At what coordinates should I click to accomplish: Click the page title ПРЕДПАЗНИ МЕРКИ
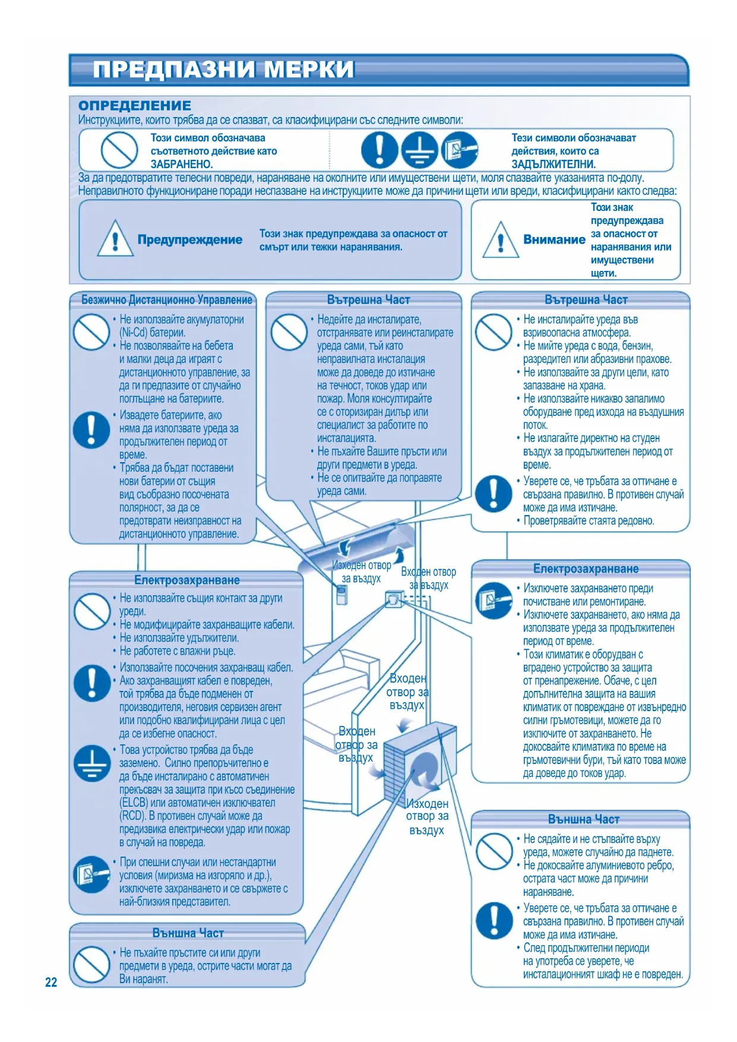point(223,70)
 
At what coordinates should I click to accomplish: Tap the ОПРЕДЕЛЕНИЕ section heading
point(135,106)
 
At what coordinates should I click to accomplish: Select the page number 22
point(51,982)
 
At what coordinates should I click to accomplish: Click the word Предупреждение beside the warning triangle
point(190,240)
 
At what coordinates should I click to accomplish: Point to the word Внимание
point(554,239)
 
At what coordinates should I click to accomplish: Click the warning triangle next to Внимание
point(501,240)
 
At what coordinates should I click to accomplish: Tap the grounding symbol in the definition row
point(419,150)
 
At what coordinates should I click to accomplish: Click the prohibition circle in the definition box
point(119,150)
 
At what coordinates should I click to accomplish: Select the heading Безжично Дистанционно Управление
point(167,300)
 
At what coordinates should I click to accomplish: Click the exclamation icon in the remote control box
point(91,430)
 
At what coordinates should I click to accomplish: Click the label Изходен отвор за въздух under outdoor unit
point(427,817)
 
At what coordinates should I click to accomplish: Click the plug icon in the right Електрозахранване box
point(494,601)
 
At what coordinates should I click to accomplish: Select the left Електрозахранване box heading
point(187,580)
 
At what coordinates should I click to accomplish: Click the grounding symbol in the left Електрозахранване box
point(92,763)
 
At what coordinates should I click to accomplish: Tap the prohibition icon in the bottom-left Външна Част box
point(91,964)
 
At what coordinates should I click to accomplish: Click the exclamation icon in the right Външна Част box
point(494,920)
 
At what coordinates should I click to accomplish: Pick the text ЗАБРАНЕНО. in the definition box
point(181,164)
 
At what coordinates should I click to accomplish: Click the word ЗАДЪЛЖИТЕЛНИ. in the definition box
point(553,164)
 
